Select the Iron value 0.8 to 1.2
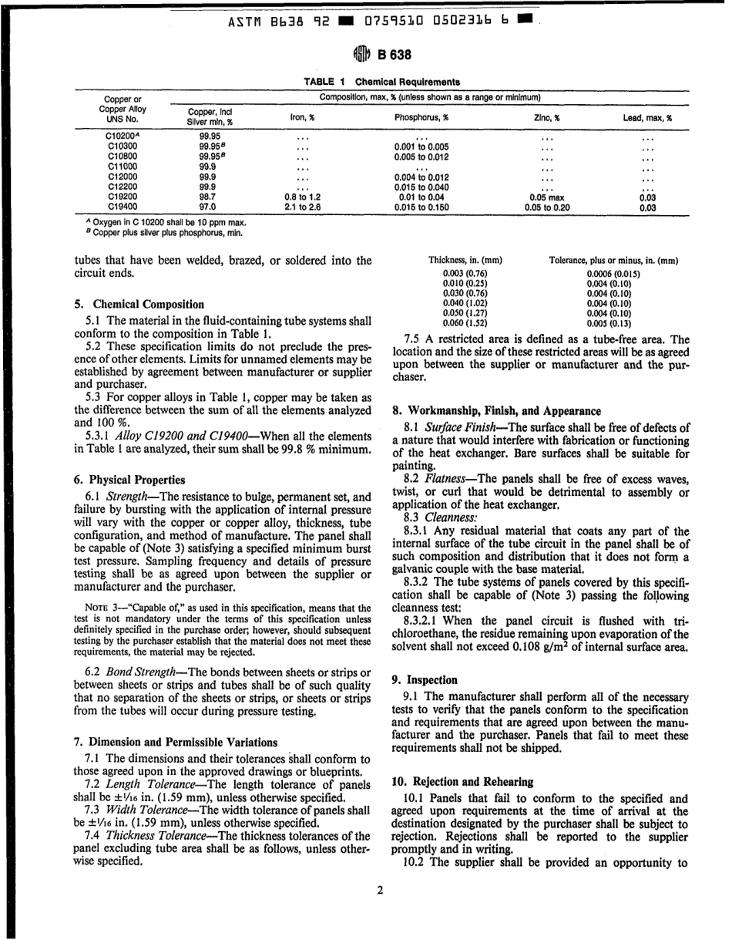click(302, 197)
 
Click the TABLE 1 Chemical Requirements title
click(381, 81)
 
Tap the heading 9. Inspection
click(425, 680)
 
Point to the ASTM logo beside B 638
click(362, 55)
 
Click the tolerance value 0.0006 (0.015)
click(613, 274)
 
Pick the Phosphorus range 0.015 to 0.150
click(421, 207)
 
